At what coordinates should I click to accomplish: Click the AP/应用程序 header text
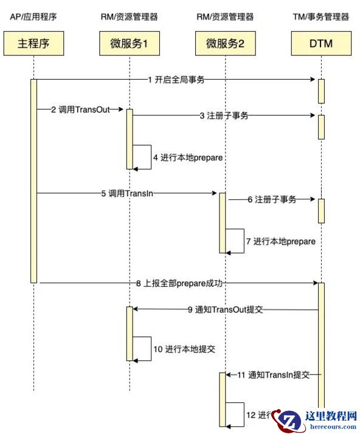tap(34, 17)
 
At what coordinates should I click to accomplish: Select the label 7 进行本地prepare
tap(281, 241)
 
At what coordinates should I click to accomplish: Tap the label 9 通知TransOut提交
tap(225, 309)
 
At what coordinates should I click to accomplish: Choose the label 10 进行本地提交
tap(184, 350)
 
